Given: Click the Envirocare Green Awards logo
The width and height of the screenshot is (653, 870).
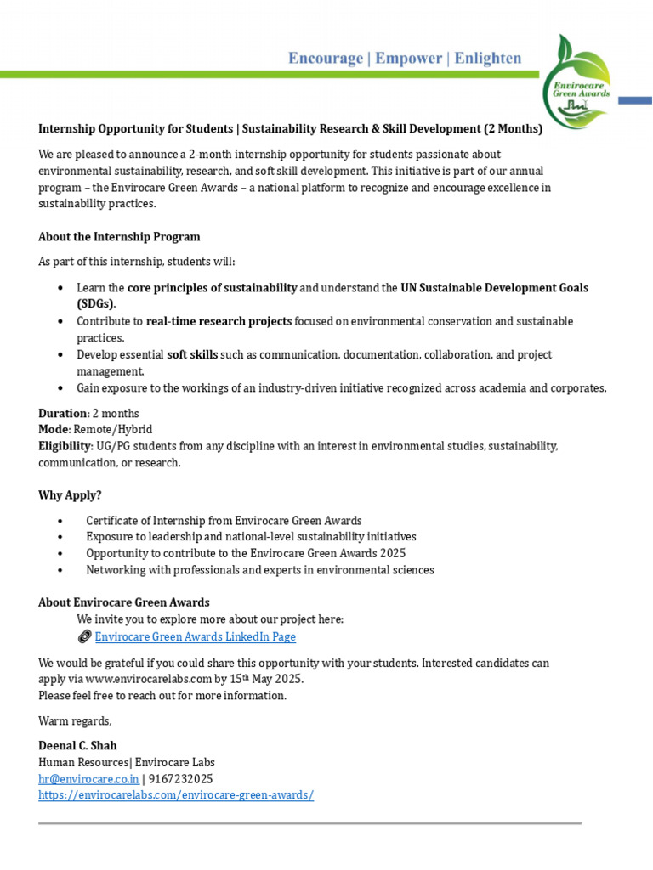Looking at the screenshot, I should [x=581, y=79].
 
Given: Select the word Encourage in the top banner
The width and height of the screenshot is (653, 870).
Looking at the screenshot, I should [x=323, y=58].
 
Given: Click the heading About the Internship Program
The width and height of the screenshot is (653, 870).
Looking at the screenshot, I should [x=119, y=236].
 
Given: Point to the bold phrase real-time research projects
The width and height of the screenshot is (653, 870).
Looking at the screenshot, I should [x=219, y=321].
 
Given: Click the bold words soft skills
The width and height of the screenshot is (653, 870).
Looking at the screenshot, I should [x=192, y=354].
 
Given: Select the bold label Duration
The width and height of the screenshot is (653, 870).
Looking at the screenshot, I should [x=62, y=413].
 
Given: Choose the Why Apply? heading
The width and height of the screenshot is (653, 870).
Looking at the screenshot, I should [x=70, y=494].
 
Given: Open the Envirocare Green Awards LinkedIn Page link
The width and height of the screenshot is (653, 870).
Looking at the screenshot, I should [x=195, y=636].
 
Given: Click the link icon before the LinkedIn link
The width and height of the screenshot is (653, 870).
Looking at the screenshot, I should [x=84, y=636].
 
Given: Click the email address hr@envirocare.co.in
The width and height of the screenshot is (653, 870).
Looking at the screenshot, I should [x=88, y=778].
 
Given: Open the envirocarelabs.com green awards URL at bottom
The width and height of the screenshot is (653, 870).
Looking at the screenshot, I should [x=176, y=794].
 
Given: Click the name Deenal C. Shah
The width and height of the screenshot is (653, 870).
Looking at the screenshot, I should [x=77, y=745].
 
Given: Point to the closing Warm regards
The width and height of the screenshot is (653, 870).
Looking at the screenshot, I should [x=75, y=720].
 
